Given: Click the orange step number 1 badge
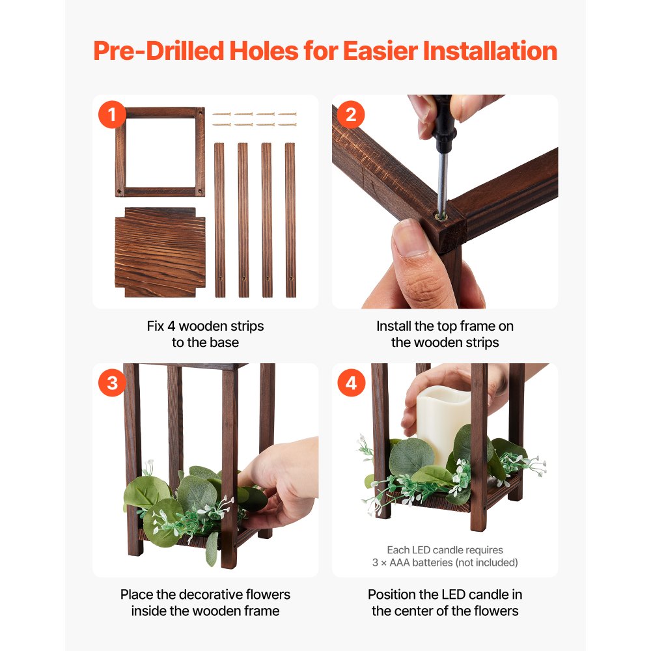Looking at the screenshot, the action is click(x=112, y=115).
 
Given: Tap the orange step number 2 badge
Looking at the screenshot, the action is click(x=351, y=115).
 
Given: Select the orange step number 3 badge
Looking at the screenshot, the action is click(x=112, y=383).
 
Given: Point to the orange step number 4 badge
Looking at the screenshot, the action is click(x=352, y=383).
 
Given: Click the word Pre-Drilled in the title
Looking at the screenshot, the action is click(x=159, y=51).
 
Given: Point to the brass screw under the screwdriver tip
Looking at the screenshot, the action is click(x=440, y=216).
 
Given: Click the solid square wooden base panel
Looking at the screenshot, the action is click(x=160, y=253).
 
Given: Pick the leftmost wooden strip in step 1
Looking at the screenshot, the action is click(x=219, y=220).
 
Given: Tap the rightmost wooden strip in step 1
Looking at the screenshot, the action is click(x=290, y=220).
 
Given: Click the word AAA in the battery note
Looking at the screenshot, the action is click(x=400, y=562).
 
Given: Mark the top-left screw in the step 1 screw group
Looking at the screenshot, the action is click(x=221, y=114).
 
